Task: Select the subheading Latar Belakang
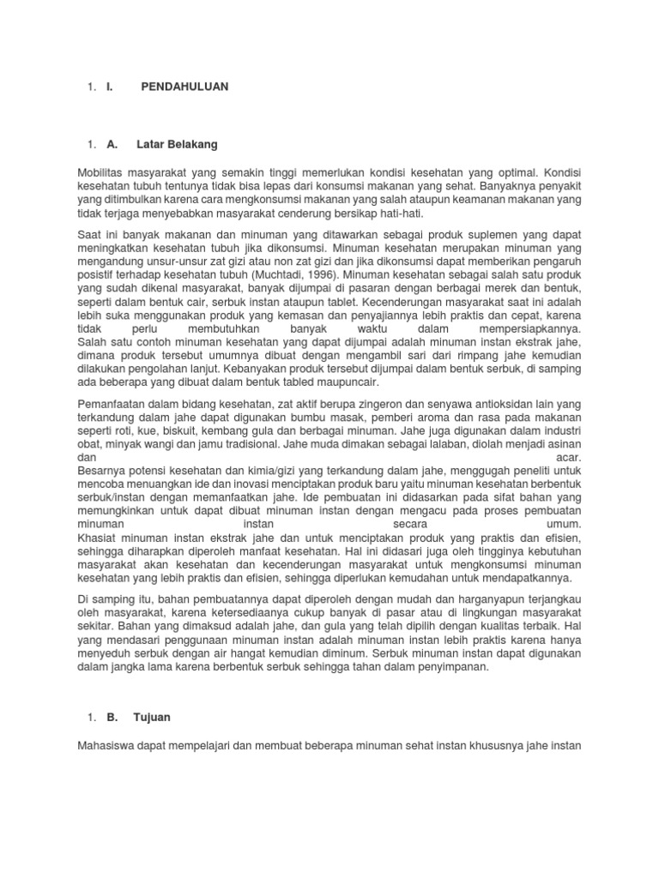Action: pyautogui.click(x=177, y=144)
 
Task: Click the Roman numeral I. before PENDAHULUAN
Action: pyautogui.click(x=109, y=87)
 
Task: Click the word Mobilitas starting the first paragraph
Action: pyautogui.click(x=102, y=172)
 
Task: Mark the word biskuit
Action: pyautogui.click(x=192, y=432)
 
